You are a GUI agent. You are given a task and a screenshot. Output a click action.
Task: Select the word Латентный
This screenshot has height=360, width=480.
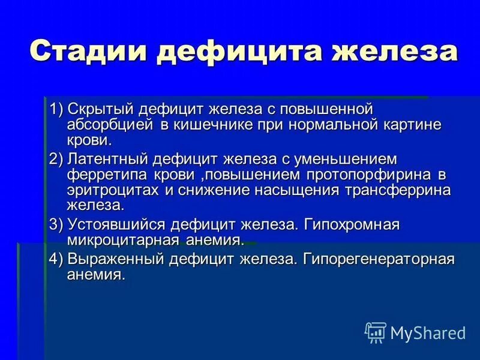(x=107, y=160)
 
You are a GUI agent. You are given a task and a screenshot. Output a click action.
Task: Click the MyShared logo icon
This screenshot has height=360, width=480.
(x=376, y=331)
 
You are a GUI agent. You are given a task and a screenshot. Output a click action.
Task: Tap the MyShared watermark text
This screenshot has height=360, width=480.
(x=428, y=332)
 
